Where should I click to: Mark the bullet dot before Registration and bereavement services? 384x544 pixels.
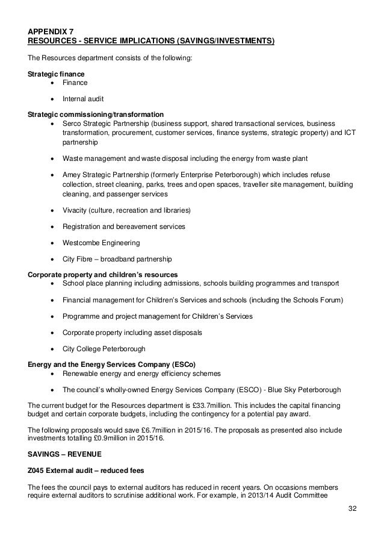coord(55,227)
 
